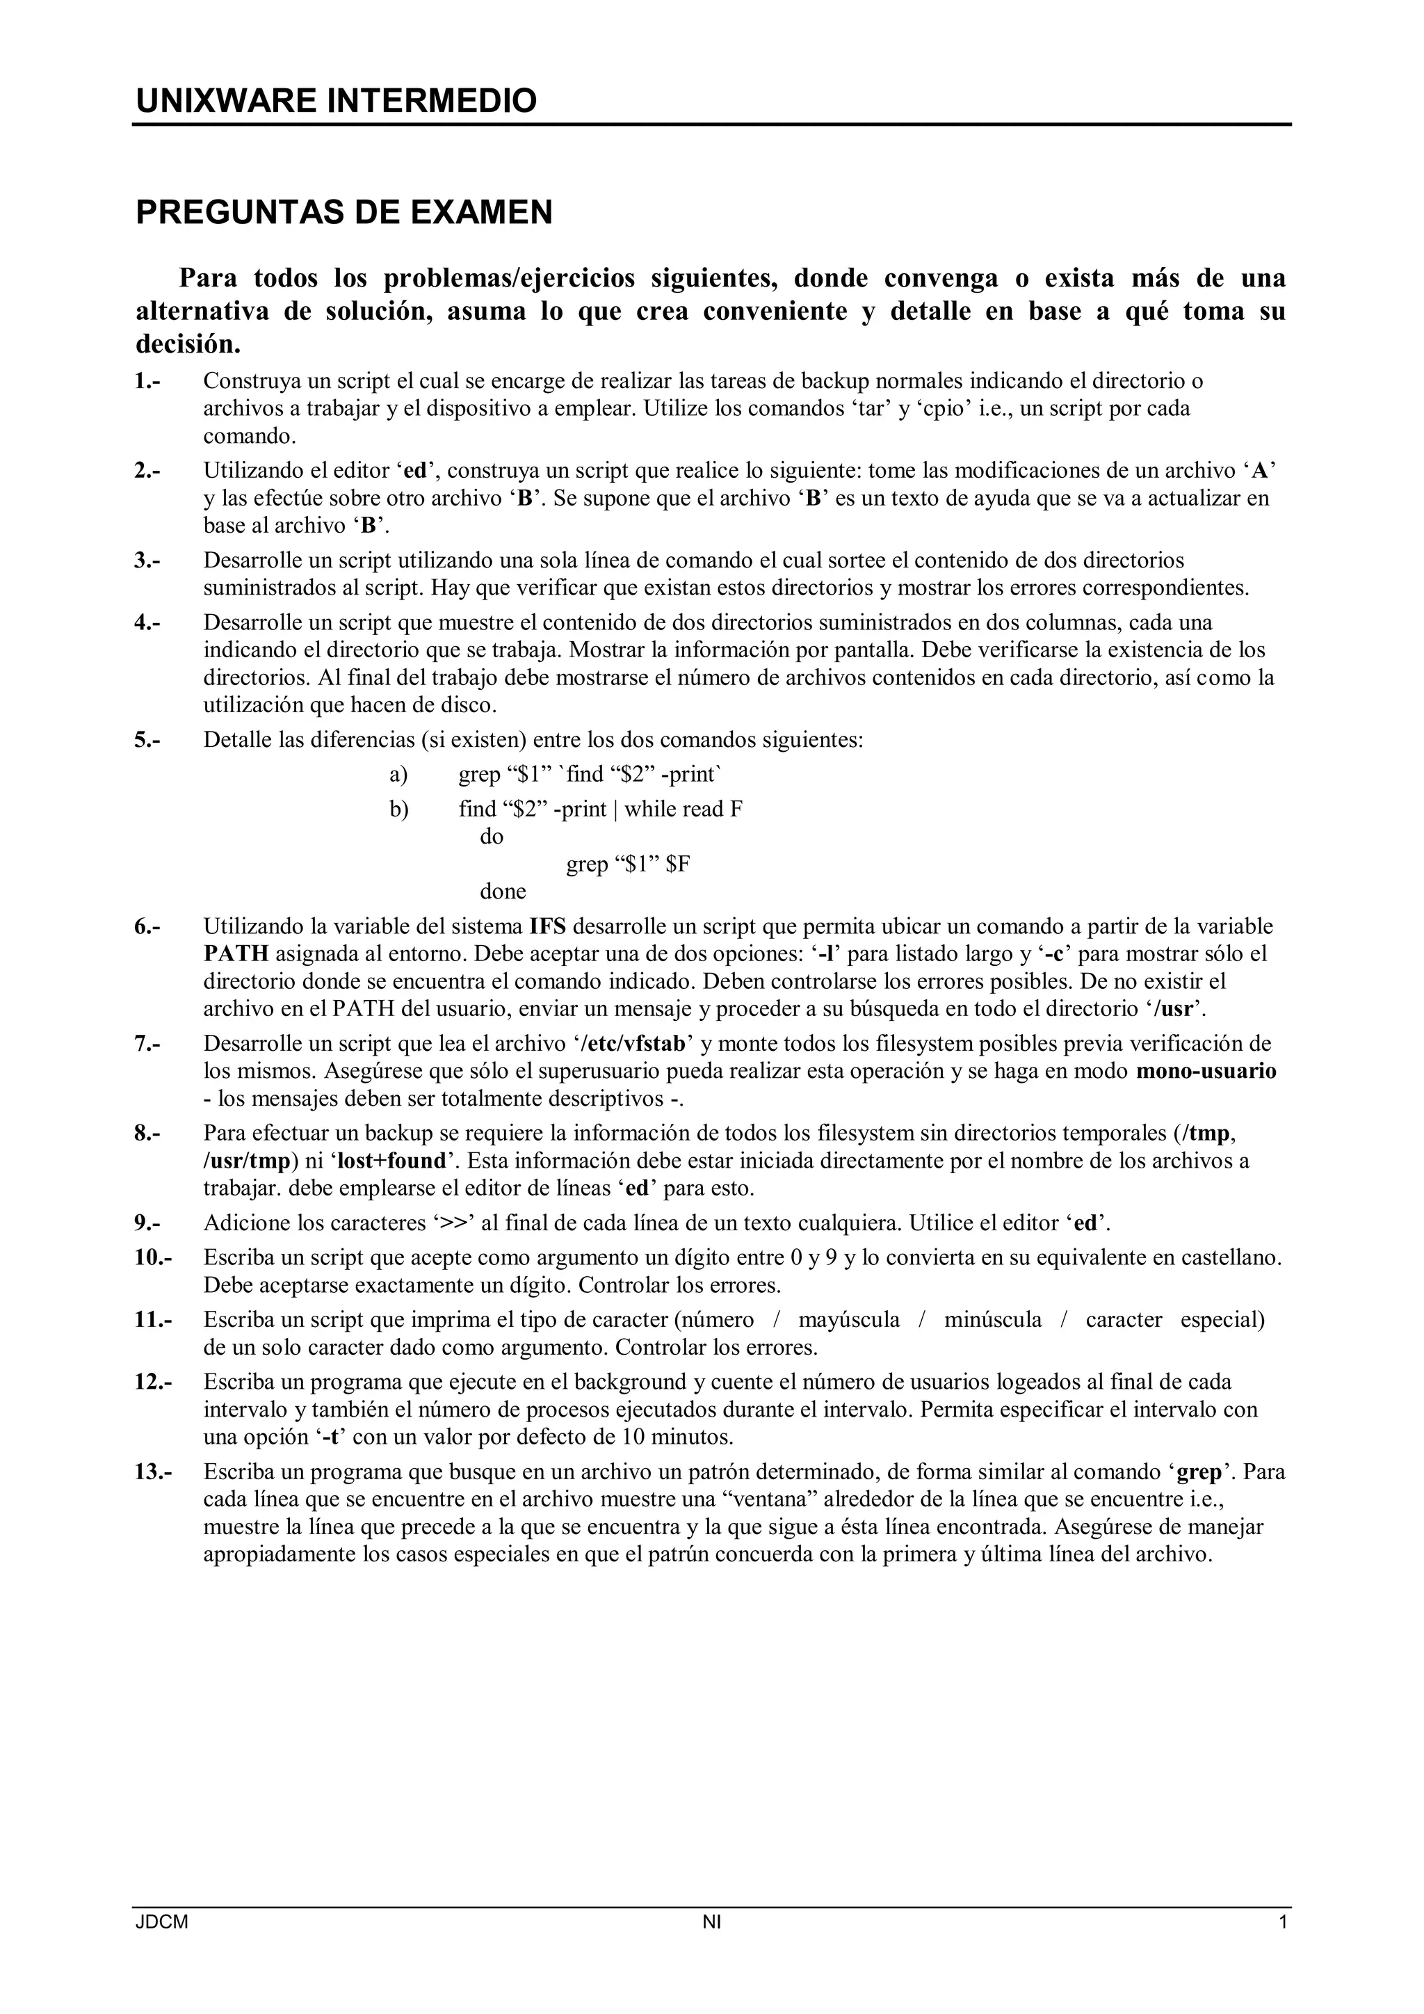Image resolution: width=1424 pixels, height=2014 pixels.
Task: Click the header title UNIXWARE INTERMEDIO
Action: [x=336, y=102]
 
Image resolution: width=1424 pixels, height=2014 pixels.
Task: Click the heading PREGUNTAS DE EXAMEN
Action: [x=343, y=212]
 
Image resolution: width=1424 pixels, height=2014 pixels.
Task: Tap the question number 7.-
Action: [x=147, y=1044]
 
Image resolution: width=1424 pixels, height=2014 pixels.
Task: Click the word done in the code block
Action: [x=503, y=892]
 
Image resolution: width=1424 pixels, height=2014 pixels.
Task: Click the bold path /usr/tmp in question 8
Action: [x=246, y=1161]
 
